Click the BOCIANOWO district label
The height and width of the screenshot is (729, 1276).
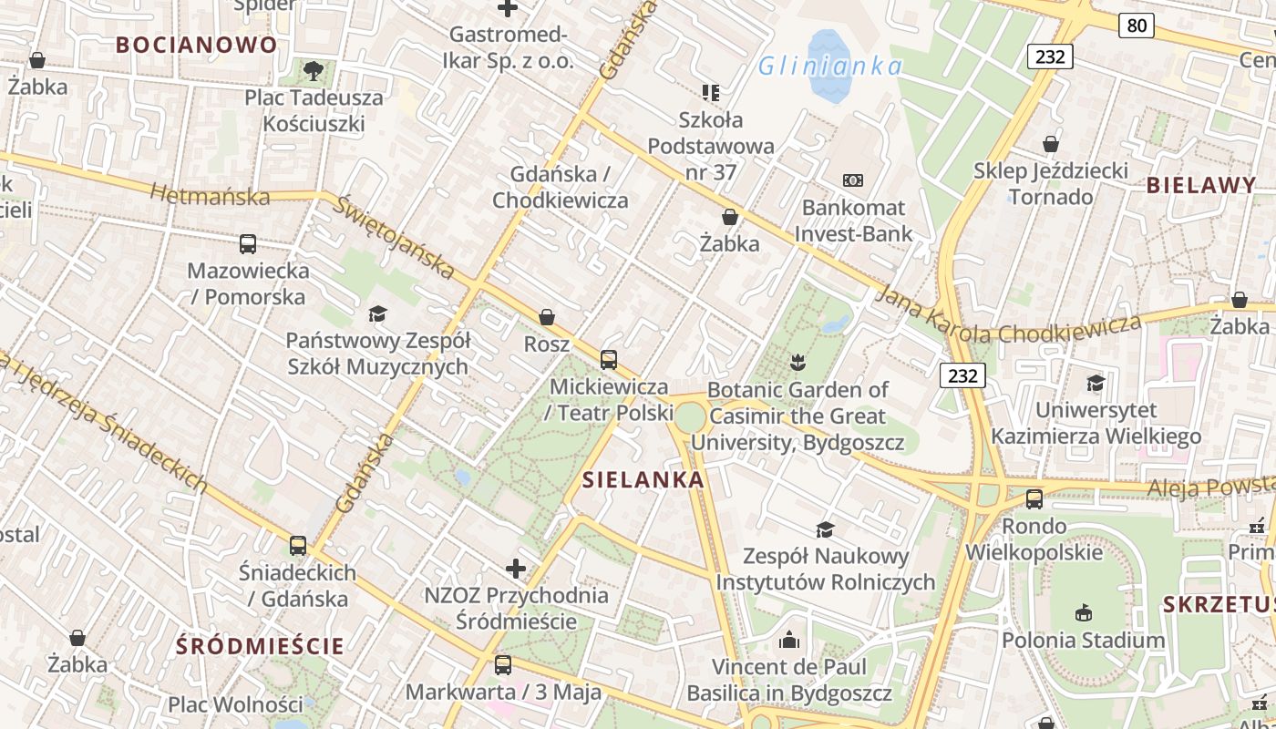197,45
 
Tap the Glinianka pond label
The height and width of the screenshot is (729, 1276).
830,66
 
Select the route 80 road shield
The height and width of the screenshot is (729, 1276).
1137,26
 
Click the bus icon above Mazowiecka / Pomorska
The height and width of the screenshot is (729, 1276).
248,244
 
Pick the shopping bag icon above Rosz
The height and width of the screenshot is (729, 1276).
547,317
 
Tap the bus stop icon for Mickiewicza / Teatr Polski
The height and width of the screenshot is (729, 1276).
609,360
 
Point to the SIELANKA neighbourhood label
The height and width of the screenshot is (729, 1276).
643,480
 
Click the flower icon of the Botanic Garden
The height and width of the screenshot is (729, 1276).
798,363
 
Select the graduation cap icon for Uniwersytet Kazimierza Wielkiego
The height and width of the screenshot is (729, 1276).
1096,384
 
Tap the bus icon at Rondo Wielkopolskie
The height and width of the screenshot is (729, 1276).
1034,499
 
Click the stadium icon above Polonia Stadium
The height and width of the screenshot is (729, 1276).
1083,613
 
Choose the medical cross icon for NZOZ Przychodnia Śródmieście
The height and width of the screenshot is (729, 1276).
516,570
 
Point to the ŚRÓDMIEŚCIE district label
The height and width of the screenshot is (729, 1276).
261,647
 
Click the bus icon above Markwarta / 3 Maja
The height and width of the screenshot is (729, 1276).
503,665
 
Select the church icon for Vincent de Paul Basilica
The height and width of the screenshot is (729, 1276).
789,641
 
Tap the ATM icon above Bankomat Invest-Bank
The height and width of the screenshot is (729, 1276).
853,180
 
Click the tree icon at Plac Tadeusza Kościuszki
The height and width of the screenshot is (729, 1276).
314,70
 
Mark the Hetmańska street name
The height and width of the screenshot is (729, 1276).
210,195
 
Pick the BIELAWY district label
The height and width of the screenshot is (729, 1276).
1201,186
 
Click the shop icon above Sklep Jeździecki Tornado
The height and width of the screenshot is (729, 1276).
1051,144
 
